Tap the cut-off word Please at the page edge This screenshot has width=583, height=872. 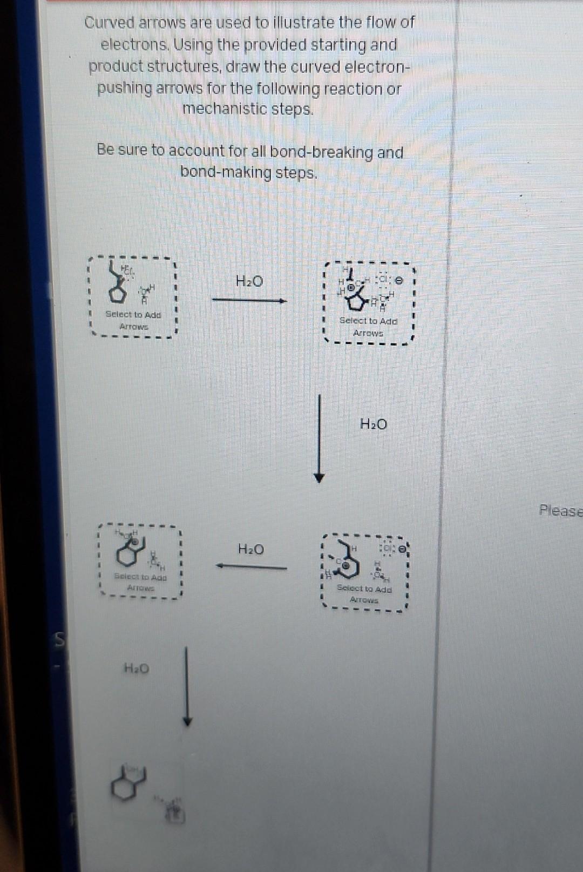(561, 510)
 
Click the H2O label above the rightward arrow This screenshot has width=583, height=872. (249, 281)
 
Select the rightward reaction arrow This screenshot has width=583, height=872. (249, 301)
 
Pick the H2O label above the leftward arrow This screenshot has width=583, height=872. (251, 550)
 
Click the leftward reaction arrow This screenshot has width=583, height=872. (251, 566)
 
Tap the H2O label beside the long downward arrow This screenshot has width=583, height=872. (373, 424)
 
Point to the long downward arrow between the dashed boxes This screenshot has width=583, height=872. (320, 437)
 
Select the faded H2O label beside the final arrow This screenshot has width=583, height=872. (136, 669)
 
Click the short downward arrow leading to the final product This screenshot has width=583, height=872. (187, 686)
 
